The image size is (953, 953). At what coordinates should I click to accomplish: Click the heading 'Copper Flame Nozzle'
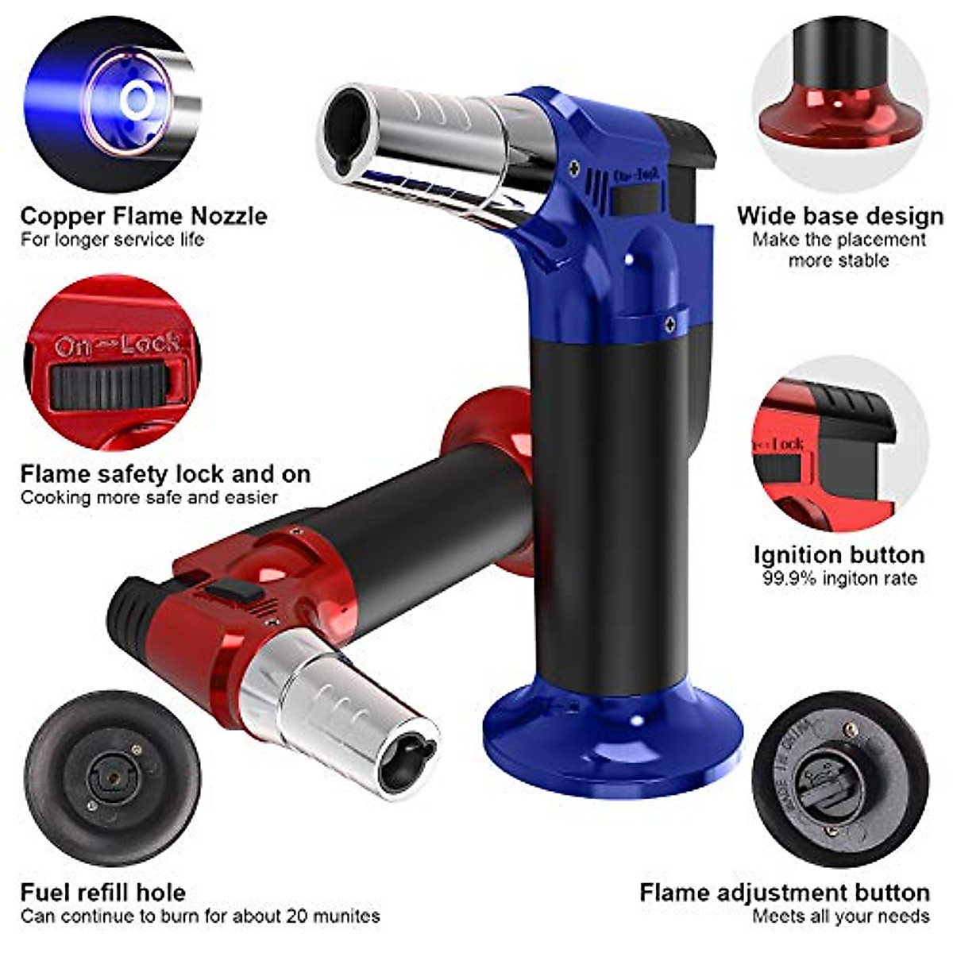(144, 216)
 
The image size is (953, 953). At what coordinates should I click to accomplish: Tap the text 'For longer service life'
(112, 239)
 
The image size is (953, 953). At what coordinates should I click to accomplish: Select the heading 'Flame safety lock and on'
(165, 474)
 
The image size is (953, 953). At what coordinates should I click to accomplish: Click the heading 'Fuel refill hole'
(102, 892)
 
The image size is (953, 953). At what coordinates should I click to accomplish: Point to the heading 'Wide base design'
(839, 216)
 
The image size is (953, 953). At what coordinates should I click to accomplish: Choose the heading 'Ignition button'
(839, 554)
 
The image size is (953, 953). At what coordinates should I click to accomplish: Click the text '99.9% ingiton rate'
(839, 578)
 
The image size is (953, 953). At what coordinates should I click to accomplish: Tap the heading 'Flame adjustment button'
(784, 892)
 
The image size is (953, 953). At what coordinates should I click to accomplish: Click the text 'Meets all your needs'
(840, 916)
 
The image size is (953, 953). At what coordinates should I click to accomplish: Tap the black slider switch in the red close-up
(111, 386)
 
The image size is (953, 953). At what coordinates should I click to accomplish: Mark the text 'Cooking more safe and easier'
(149, 498)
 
